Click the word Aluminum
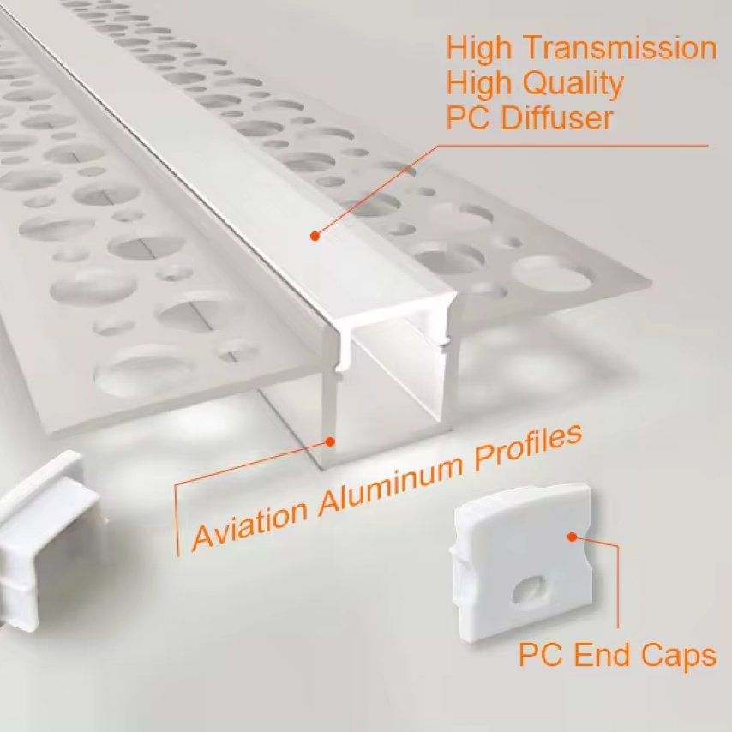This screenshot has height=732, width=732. click(387, 486)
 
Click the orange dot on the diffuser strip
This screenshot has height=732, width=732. click(315, 235)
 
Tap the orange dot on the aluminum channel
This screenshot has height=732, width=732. click(330, 442)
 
